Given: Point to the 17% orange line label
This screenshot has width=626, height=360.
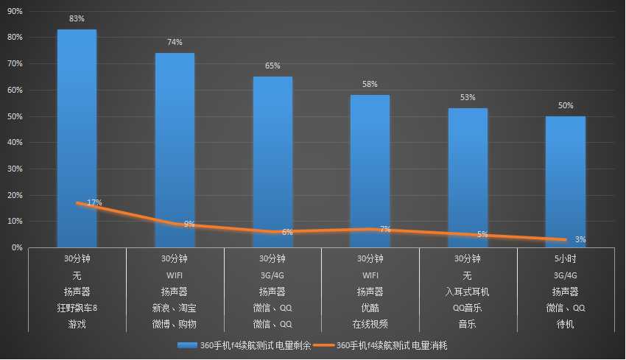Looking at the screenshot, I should coord(94,202).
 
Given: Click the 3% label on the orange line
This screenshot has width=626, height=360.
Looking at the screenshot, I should coord(580,239).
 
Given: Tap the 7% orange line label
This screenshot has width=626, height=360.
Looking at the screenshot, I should coord(385,229).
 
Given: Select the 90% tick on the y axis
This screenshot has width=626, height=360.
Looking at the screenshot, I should coord(14,11).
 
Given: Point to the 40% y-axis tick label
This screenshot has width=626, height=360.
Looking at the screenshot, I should coord(14,143).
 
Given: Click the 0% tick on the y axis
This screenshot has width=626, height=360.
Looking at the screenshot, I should coord(16,248).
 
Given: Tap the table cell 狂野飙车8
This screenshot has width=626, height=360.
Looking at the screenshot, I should coord(77,308).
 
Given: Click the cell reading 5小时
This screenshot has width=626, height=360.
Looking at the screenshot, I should coord(566,259).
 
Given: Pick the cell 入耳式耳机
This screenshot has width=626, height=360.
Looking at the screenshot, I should coord(468,292).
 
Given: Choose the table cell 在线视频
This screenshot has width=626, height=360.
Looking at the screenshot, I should coord(370,324).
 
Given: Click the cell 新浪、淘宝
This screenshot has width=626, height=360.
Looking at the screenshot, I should coord(175,308).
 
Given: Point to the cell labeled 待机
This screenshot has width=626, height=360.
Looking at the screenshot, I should coord(566,324).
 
